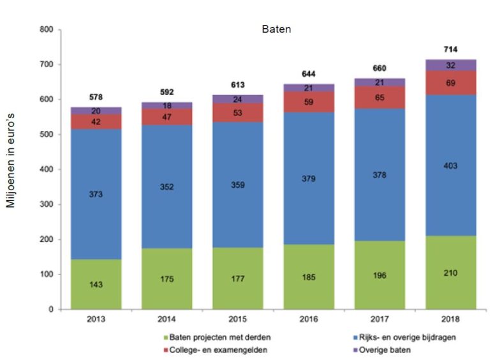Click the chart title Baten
[276, 29]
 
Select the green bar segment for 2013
[96, 284]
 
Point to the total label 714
[451, 49]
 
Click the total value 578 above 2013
[96, 96]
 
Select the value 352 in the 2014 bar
[167, 187]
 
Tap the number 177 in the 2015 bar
[238, 279]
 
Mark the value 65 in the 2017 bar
[380, 98]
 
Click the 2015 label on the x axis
[238, 319]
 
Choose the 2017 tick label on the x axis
[380, 319]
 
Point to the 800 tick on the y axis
[47, 30]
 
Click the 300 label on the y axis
[47, 205]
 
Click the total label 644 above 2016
[309, 73]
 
